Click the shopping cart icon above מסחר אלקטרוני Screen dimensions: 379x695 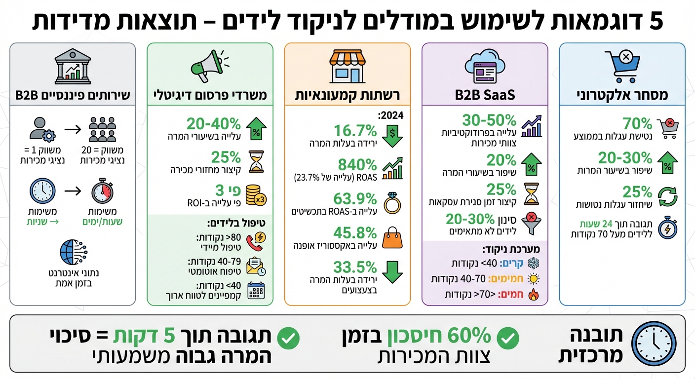(x=622, y=66)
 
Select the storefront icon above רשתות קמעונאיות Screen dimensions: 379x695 (x=347, y=67)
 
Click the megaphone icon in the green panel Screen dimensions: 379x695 (x=210, y=67)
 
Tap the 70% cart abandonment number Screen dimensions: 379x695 (x=638, y=123)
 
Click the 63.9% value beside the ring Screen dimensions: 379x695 (x=356, y=199)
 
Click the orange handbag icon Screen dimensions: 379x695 (x=392, y=237)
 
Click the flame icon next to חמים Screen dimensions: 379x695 (x=532, y=295)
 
